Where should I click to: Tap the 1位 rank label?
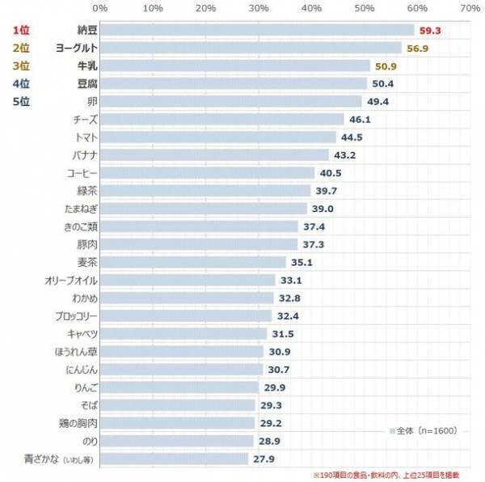click(x=21, y=30)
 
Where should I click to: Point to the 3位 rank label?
click(x=21, y=66)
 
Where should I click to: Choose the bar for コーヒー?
click(x=208, y=172)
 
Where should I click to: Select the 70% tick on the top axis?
click(x=470, y=8)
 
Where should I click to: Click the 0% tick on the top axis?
click(x=101, y=8)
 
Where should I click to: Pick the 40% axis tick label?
click(x=311, y=8)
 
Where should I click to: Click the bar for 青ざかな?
click(x=175, y=459)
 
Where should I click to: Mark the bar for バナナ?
click(x=215, y=154)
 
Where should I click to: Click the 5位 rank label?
click(x=21, y=101)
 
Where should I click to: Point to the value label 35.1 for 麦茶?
click(x=302, y=262)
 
